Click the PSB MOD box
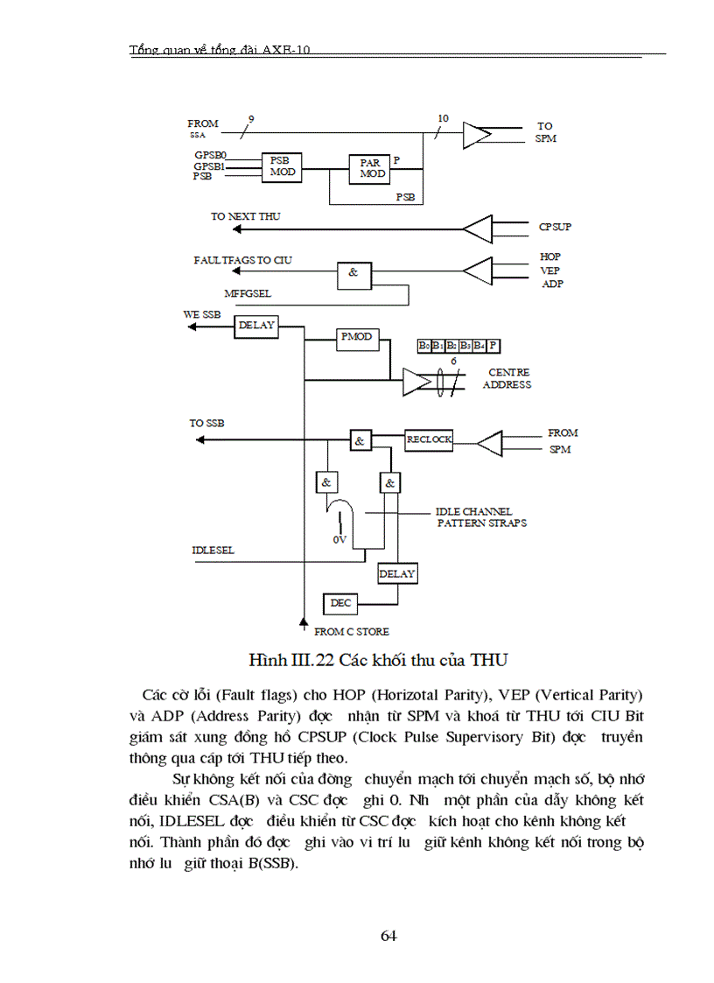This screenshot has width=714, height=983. point(282,166)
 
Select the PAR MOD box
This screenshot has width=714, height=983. point(370,168)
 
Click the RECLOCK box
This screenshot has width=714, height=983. point(429,439)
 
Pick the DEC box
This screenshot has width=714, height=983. point(339,603)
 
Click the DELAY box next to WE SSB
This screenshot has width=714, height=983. point(256,326)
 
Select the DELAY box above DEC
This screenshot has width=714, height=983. point(397,574)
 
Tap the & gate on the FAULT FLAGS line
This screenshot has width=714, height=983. point(353,273)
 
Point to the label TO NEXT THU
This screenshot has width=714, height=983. point(245,216)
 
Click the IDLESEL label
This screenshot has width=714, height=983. point(213,551)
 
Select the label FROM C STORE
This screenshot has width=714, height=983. point(352,631)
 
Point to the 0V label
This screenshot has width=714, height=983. point(339,540)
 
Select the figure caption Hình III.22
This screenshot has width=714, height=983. point(378,658)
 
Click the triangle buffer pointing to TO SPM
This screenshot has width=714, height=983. point(478,134)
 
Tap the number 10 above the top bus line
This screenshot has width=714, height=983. point(442,118)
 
